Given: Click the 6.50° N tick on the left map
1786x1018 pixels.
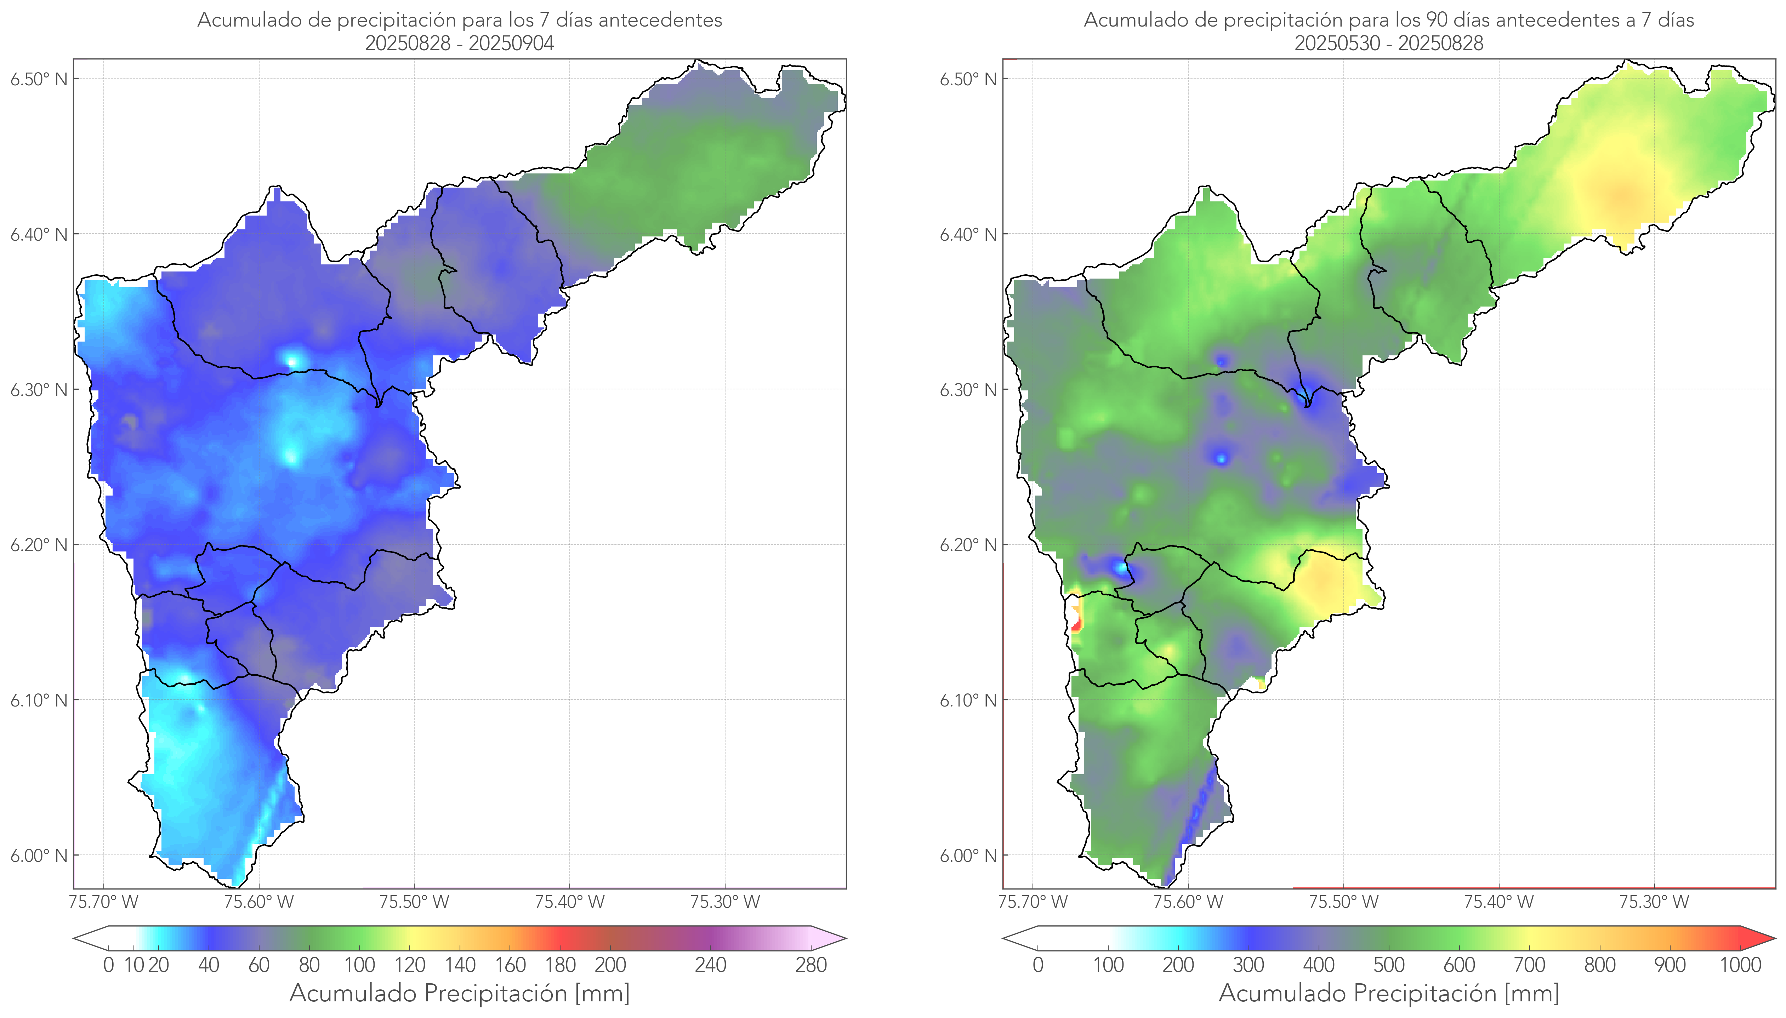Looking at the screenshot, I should click(39, 79).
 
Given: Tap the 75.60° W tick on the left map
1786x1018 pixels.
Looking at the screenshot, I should click(259, 902).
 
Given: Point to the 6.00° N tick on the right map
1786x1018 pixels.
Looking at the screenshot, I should click(968, 856).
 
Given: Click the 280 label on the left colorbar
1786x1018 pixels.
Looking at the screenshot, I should click(811, 965).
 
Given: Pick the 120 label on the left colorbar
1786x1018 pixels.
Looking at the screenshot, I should click(410, 965).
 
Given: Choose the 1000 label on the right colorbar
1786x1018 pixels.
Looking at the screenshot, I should click(1740, 965).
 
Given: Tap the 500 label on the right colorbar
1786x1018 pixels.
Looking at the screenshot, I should click(1389, 965).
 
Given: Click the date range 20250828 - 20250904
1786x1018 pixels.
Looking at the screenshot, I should click(460, 43).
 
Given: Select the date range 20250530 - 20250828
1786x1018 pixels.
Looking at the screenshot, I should click(1389, 43).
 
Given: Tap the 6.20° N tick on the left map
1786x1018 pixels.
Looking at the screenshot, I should click(39, 545).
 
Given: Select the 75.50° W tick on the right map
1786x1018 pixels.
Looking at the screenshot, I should click(1343, 902).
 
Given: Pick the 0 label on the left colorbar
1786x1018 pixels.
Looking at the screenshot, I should click(108, 965).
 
